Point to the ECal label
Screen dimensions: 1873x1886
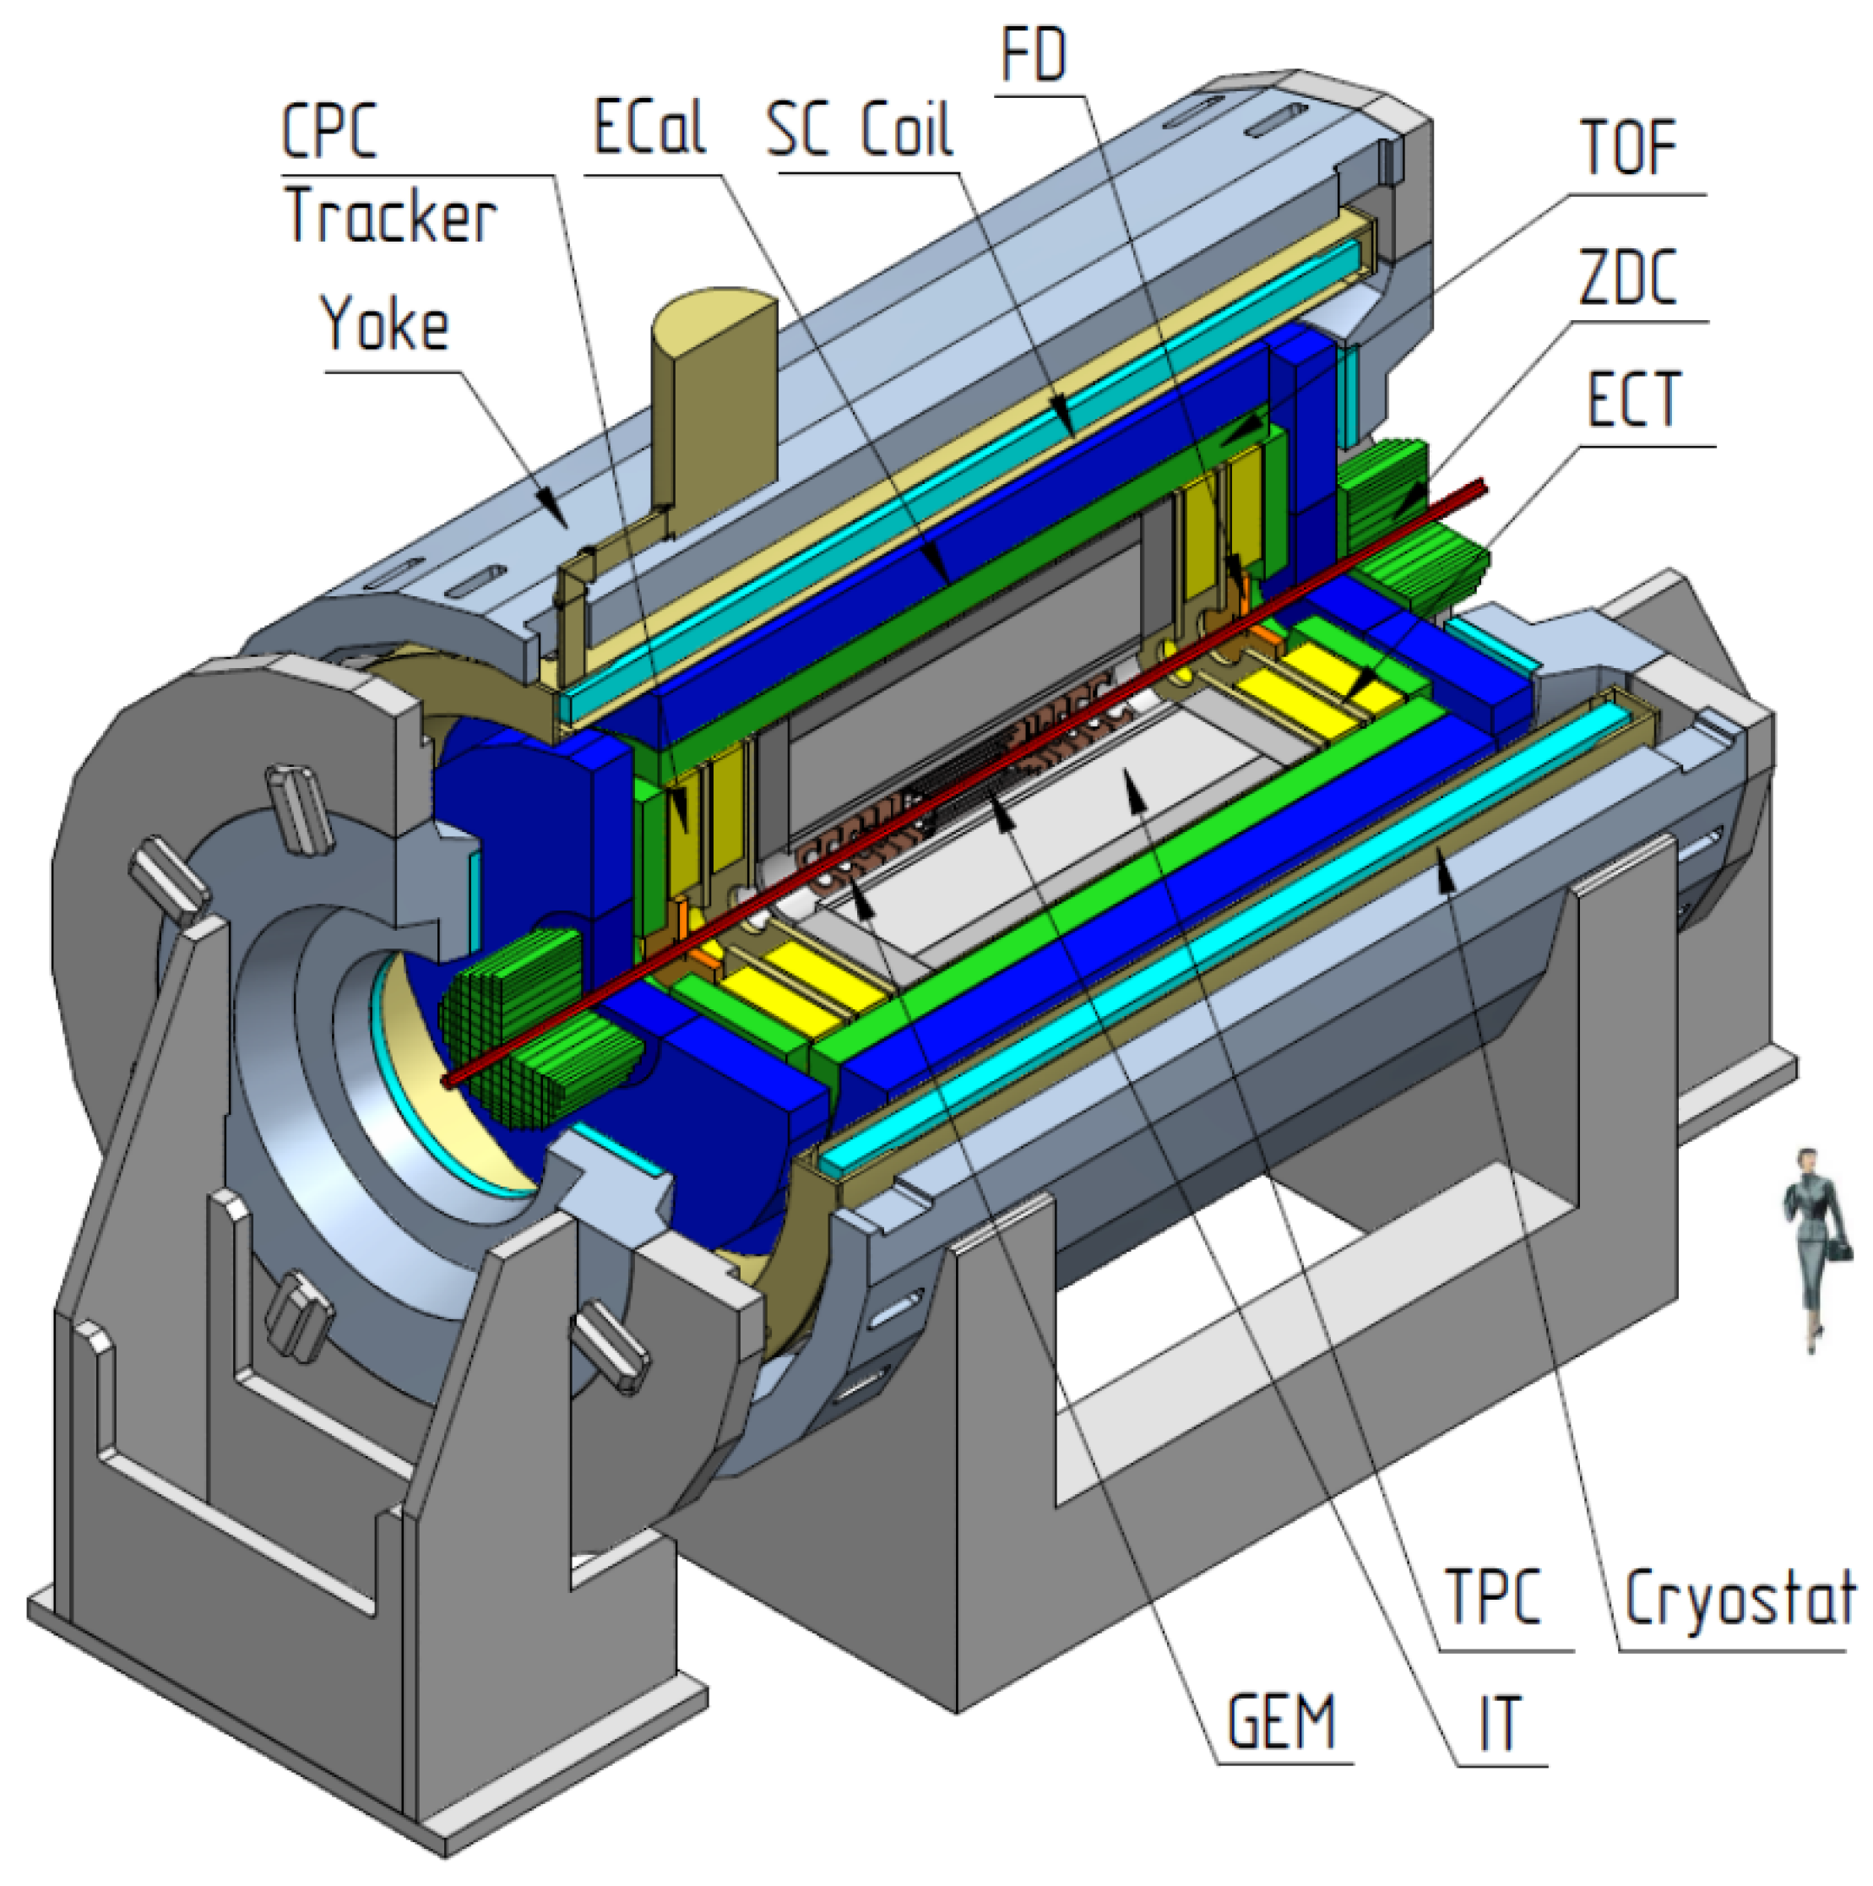pos(649,127)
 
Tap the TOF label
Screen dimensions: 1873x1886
pos(1628,148)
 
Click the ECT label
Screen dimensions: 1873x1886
pos(1634,399)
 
